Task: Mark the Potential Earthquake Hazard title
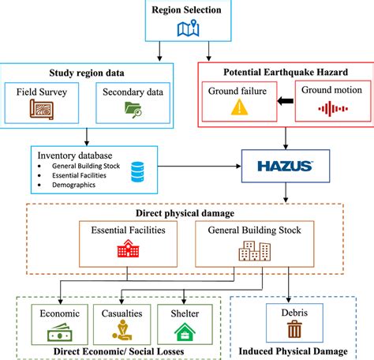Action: (286, 70)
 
